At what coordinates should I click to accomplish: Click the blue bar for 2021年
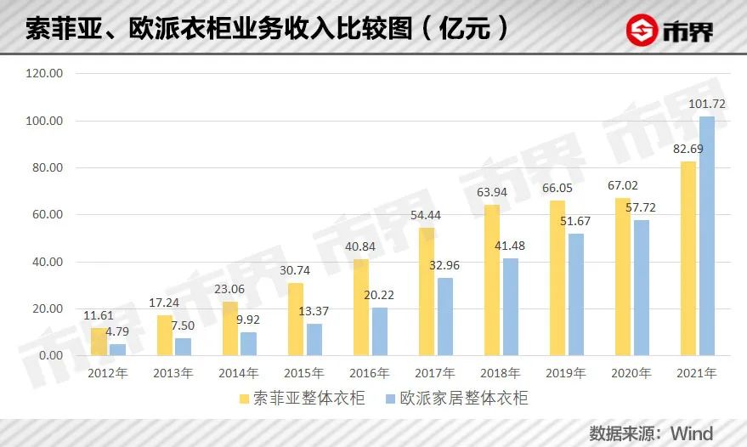[x=706, y=235]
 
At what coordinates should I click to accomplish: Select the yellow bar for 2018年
[x=492, y=280]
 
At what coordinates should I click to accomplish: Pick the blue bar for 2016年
[x=379, y=331]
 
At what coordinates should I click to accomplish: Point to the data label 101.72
[x=709, y=105]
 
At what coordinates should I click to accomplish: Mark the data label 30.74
[x=295, y=271]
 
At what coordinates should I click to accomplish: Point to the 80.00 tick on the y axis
[x=46, y=168]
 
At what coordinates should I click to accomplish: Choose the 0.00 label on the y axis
[x=49, y=355]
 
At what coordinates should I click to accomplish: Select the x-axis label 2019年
[x=566, y=373]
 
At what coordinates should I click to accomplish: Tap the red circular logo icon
[x=641, y=30]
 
